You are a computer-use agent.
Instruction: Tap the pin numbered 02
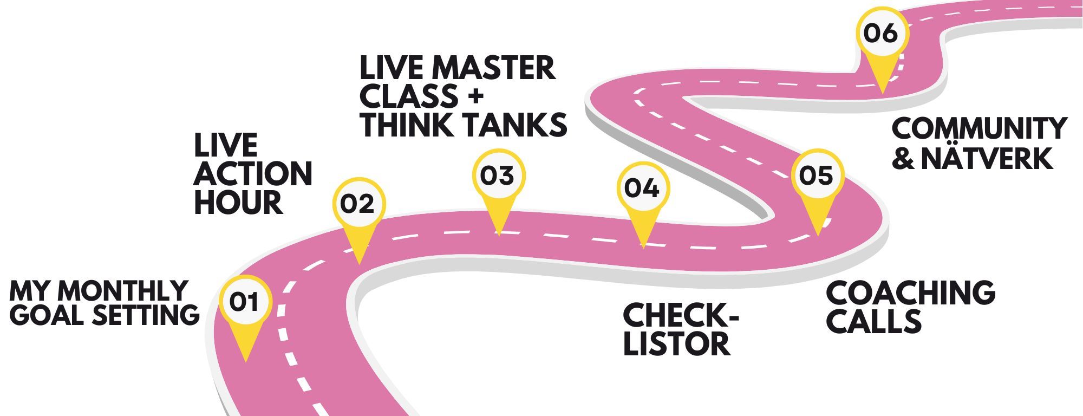point(358,204)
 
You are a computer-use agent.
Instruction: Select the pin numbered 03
point(498,176)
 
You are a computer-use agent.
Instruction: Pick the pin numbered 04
point(642,188)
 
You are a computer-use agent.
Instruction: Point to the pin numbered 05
point(817,176)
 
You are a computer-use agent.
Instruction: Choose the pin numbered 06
point(881,34)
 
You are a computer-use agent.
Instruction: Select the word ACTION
point(253,174)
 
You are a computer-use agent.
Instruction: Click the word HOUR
point(238,203)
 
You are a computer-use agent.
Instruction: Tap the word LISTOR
point(676,343)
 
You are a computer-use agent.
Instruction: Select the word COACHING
point(910,292)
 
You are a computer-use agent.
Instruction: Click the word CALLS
point(873,321)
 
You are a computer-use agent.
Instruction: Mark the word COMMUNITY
point(979,129)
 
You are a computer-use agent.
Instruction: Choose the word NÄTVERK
point(987,158)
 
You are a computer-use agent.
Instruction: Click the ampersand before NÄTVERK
point(903,158)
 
